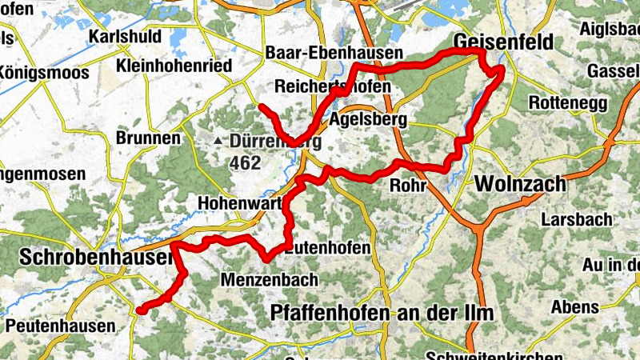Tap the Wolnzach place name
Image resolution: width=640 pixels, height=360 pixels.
tap(520, 184)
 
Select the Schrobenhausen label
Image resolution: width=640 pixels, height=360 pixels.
tap(95, 258)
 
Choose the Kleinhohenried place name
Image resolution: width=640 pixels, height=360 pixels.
tap(174, 66)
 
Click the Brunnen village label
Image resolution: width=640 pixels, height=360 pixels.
tap(148, 138)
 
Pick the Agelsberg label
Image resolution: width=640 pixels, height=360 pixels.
tap(369, 120)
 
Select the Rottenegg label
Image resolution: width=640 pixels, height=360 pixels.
tap(569, 104)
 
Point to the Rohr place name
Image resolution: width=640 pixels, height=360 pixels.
tap(405, 186)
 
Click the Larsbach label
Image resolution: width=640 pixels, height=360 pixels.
tap(576, 218)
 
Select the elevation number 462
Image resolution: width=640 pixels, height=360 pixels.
tap(245, 163)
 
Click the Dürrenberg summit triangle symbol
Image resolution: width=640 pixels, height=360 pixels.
tap(218, 142)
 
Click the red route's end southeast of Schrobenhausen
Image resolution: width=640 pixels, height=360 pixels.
tap(139, 310)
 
